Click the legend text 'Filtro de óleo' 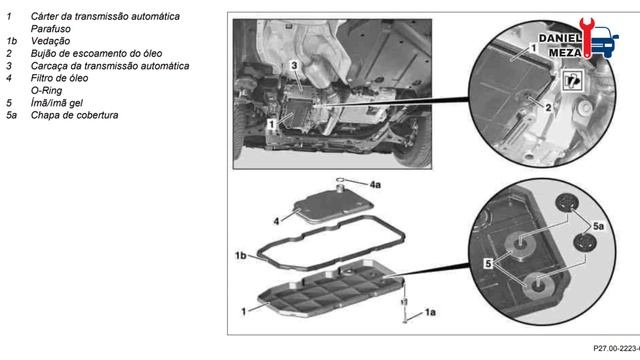[x=59, y=78]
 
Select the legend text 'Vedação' [x=50, y=41]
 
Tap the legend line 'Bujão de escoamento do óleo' [x=96, y=53]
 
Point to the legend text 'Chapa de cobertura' [x=74, y=115]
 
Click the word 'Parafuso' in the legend [x=51, y=29]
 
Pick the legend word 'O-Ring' [x=47, y=91]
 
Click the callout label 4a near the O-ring [x=375, y=185]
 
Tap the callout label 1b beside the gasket [x=240, y=256]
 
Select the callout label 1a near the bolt [x=430, y=312]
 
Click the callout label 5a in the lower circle [x=598, y=226]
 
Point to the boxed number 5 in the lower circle [x=488, y=264]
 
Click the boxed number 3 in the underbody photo [x=294, y=65]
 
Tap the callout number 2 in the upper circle [x=548, y=107]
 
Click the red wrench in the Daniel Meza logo [x=587, y=37]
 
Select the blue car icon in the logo [x=604, y=42]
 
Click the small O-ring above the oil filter [x=340, y=179]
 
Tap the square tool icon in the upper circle [x=573, y=80]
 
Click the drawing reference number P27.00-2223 [x=616, y=348]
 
